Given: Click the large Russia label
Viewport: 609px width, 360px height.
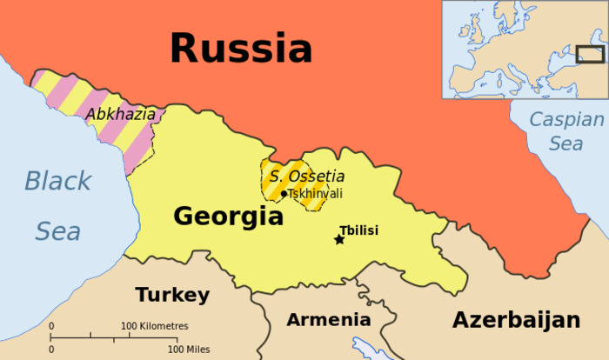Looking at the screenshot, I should pyautogui.click(x=240, y=47).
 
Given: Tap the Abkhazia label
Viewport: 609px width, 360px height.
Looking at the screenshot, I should pyautogui.click(x=120, y=114).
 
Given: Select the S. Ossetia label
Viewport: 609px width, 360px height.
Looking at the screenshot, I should pyautogui.click(x=306, y=177).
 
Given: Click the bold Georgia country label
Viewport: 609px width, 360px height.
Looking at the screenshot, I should pyautogui.click(x=228, y=217).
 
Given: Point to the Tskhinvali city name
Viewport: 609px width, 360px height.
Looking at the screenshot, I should pyautogui.click(x=314, y=193).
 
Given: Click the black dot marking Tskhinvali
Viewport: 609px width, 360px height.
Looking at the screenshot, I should pyautogui.click(x=284, y=193).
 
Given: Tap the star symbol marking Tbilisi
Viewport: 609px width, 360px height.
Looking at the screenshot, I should pyautogui.click(x=339, y=239).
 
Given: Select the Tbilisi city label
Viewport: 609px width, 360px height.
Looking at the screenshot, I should pyautogui.click(x=358, y=230).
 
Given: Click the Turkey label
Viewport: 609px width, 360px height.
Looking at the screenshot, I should pyautogui.click(x=172, y=295).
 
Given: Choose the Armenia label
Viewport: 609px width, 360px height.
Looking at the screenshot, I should pyautogui.click(x=328, y=319).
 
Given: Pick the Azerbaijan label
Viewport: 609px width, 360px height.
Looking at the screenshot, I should pyautogui.click(x=516, y=320).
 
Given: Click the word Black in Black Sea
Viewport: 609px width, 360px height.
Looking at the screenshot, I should pyautogui.click(x=57, y=181).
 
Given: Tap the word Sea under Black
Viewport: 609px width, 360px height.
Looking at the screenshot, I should pyautogui.click(x=57, y=231).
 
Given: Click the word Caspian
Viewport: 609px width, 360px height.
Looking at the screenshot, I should pyautogui.click(x=566, y=121).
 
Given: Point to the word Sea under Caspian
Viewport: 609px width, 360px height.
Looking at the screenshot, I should pyautogui.click(x=565, y=144).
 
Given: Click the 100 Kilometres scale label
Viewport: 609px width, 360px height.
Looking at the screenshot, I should pyautogui.click(x=154, y=326).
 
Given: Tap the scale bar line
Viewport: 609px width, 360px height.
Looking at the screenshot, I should pyautogui.click(x=113, y=337).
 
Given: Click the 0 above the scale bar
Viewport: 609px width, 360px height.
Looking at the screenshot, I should pyautogui.click(x=51, y=326).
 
